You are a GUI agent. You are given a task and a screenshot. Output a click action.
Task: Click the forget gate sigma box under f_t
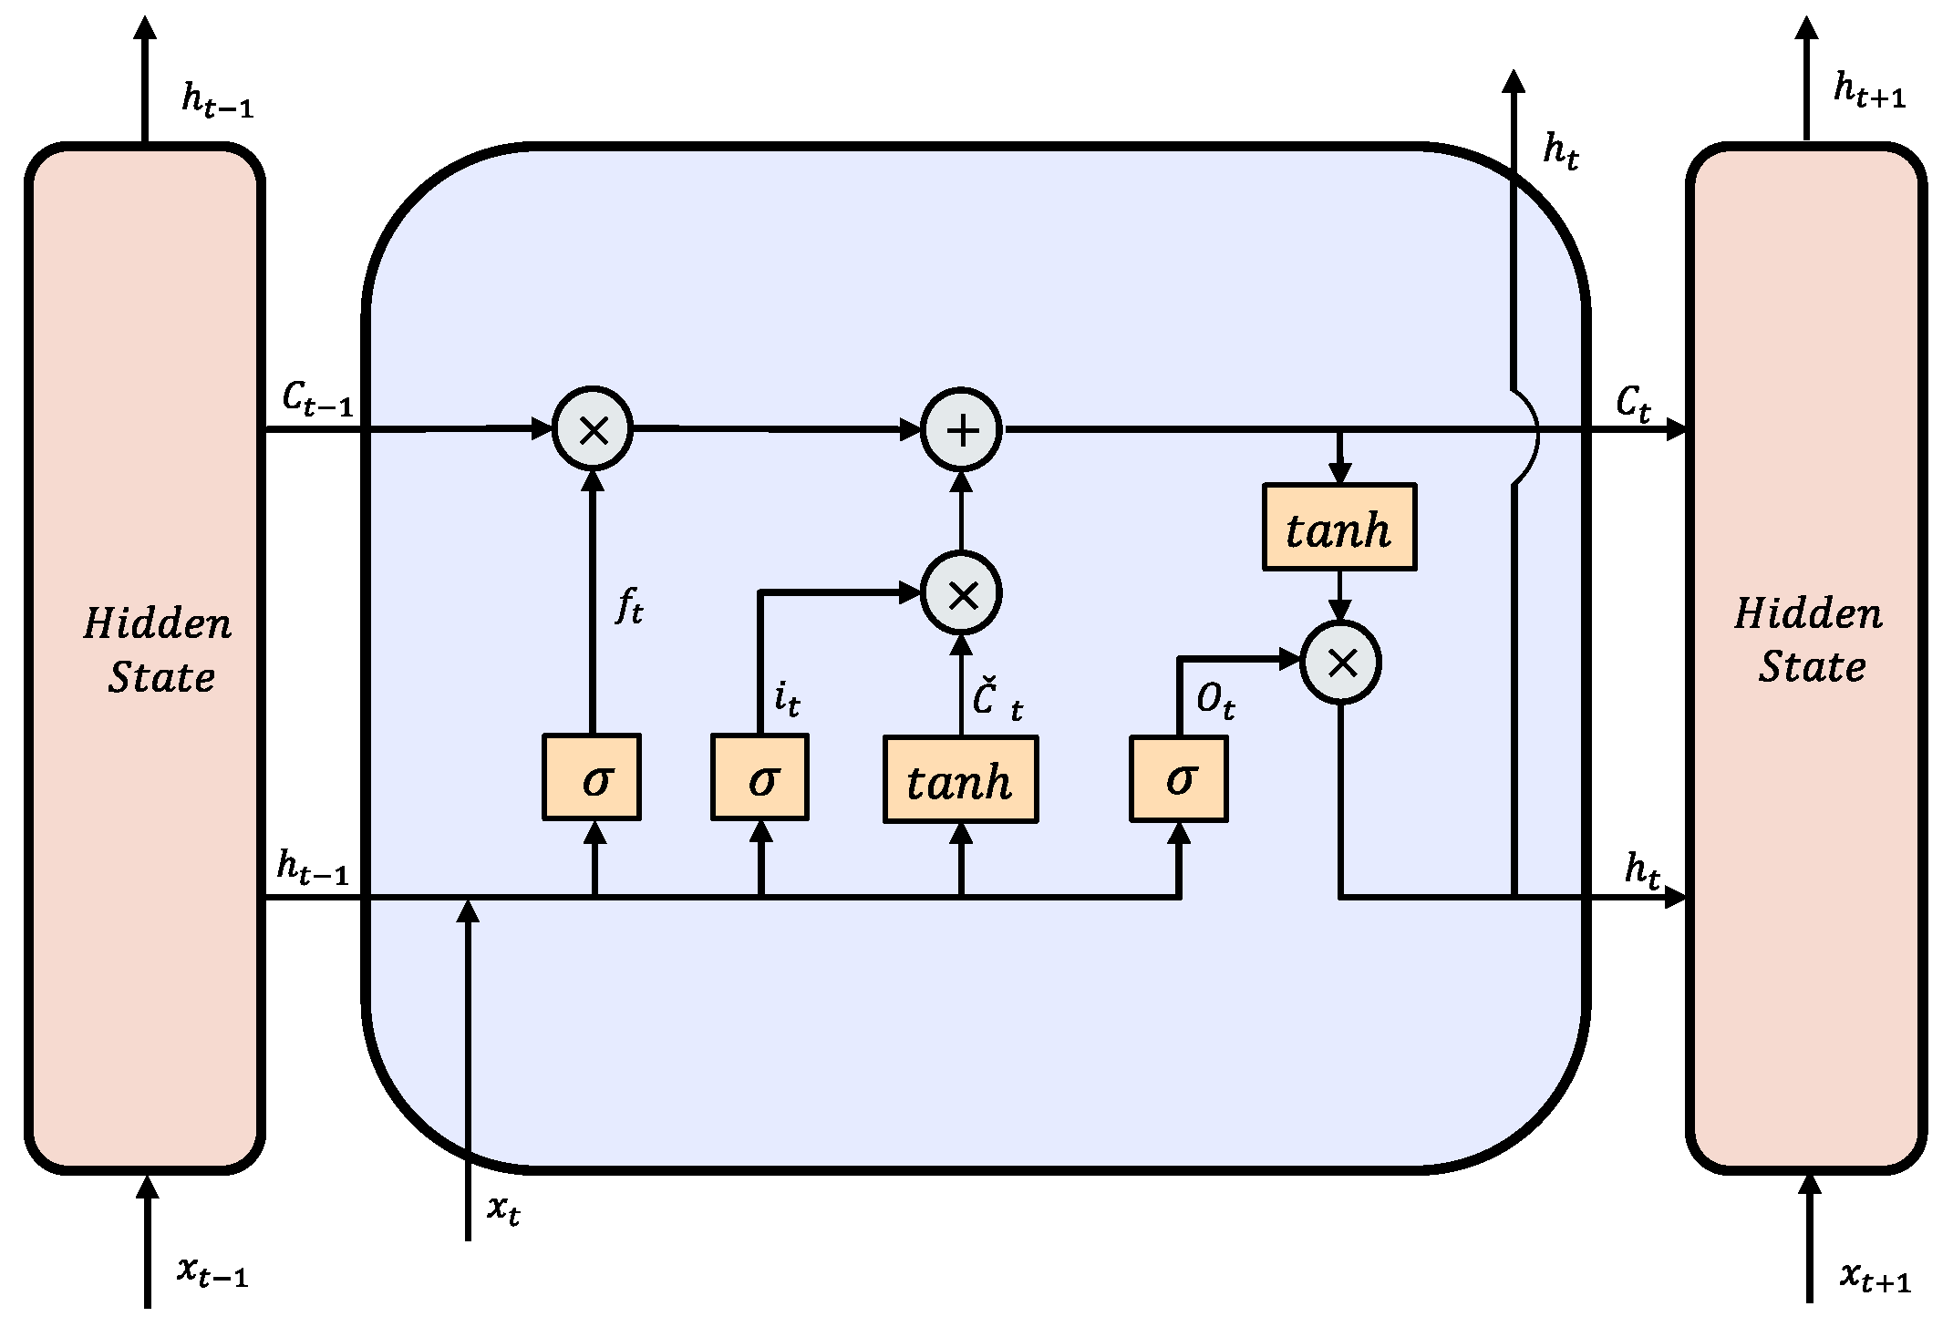pyautogui.click(x=591, y=777)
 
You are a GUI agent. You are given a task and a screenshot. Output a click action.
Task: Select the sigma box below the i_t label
pyautogui.click(x=759, y=777)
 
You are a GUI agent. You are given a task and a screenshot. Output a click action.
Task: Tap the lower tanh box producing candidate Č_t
pyautogui.click(x=960, y=780)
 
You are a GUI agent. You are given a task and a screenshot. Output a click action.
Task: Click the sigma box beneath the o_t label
pyautogui.click(x=1178, y=778)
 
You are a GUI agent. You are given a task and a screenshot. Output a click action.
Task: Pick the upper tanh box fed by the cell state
pyautogui.click(x=1338, y=528)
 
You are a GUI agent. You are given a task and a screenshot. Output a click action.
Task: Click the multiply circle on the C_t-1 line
pyautogui.click(x=593, y=429)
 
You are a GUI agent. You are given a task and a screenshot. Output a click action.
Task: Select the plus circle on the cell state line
pyautogui.click(x=961, y=429)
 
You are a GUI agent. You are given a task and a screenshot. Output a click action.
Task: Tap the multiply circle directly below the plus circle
pyautogui.click(x=961, y=594)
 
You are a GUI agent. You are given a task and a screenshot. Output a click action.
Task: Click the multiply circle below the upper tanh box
pyautogui.click(x=1340, y=663)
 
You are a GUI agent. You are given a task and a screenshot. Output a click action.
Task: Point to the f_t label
pyautogui.click(x=629, y=605)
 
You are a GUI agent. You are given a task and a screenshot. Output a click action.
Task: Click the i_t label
pyautogui.click(x=786, y=699)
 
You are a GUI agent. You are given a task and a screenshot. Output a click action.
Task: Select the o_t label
pyautogui.click(x=1214, y=701)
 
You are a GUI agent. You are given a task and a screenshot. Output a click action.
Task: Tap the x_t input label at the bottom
pyautogui.click(x=503, y=1209)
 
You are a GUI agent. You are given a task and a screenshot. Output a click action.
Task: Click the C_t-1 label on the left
pyautogui.click(x=316, y=399)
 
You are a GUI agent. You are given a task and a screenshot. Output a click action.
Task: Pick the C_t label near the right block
pyautogui.click(x=1632, y=402)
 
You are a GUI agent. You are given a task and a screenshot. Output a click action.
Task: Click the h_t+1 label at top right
pyautogui.click(x=1868, y=91)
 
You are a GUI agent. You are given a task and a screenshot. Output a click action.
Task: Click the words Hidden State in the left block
pyautogui.click(x=159, y=650)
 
